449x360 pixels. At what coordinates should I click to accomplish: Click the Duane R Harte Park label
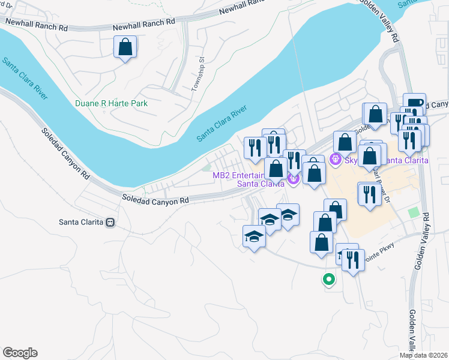click(x=111, y=103)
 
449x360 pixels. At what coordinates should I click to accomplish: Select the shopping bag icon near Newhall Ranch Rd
click(x=125, y=47)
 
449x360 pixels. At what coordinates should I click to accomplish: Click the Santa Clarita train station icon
click(x=110, y=222)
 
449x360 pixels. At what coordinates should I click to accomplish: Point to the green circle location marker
click(x=328, y=279)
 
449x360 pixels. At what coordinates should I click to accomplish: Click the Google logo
click(x=19, y=353)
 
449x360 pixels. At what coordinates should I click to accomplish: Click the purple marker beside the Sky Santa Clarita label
click(x=335, y=160)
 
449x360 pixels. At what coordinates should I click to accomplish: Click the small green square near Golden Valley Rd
click(x=412, y=213)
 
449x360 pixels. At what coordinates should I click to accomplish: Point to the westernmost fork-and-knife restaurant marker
click(x=255, y=147)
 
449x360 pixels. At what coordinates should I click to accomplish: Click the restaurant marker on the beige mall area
click(x=369, y=193)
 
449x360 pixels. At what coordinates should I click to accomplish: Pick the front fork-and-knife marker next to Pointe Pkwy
click(x=353, y=260)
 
